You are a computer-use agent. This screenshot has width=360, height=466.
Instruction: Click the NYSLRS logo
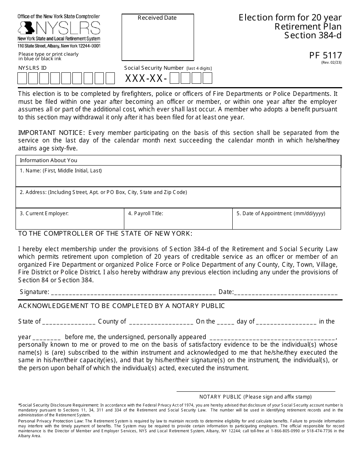(59, 28)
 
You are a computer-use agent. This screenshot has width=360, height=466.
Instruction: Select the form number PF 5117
(326, 56)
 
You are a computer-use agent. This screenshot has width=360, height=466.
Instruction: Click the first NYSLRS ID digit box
(22, 78)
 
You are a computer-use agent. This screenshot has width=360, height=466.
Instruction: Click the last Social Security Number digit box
(207, 78)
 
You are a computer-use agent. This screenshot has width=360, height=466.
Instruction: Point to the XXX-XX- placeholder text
(146, 78)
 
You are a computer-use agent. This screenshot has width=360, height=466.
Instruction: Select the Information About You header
(49, 160)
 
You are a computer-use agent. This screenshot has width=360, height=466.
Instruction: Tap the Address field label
(103, 192)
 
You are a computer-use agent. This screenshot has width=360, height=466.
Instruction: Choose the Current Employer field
(70, 222)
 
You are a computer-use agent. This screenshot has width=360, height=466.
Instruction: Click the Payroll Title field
(178, 222)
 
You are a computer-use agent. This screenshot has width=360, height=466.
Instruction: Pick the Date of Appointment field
(286, 222)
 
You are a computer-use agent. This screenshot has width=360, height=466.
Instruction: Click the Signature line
(133, 292)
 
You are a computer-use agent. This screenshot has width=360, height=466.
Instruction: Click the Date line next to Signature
(286, 292)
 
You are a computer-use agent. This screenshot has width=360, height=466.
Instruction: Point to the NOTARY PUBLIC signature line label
(256, 397)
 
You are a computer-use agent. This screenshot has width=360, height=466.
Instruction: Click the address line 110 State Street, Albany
(59, 46)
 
